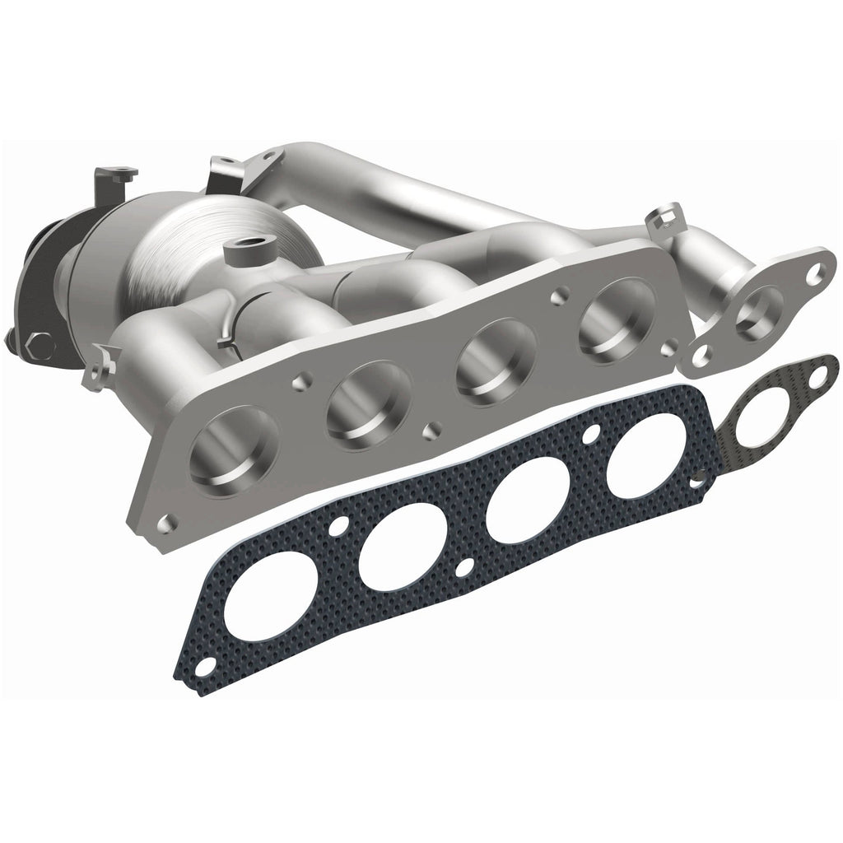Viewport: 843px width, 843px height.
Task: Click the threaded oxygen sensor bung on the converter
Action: coord(245,246)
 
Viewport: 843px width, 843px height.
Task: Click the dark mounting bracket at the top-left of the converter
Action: coord(116,177)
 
